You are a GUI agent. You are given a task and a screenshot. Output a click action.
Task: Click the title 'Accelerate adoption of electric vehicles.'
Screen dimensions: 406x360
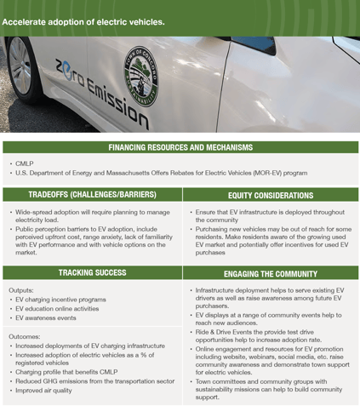(x=83, y=21)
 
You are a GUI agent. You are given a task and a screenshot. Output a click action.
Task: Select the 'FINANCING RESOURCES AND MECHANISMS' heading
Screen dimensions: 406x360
(x=180, y=147)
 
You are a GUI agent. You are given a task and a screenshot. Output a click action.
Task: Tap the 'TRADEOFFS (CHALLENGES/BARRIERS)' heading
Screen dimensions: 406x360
(x=91, y=195)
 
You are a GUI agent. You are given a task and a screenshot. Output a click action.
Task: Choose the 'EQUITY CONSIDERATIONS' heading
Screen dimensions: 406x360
(x=271, y=195)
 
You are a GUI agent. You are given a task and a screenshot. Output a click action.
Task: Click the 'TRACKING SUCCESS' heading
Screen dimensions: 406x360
(x=91, y=272)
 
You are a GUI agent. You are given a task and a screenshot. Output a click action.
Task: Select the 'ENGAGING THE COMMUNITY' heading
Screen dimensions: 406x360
(x=271, y=274)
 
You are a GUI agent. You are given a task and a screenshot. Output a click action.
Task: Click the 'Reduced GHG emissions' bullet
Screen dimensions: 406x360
(x=85, y=381)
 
